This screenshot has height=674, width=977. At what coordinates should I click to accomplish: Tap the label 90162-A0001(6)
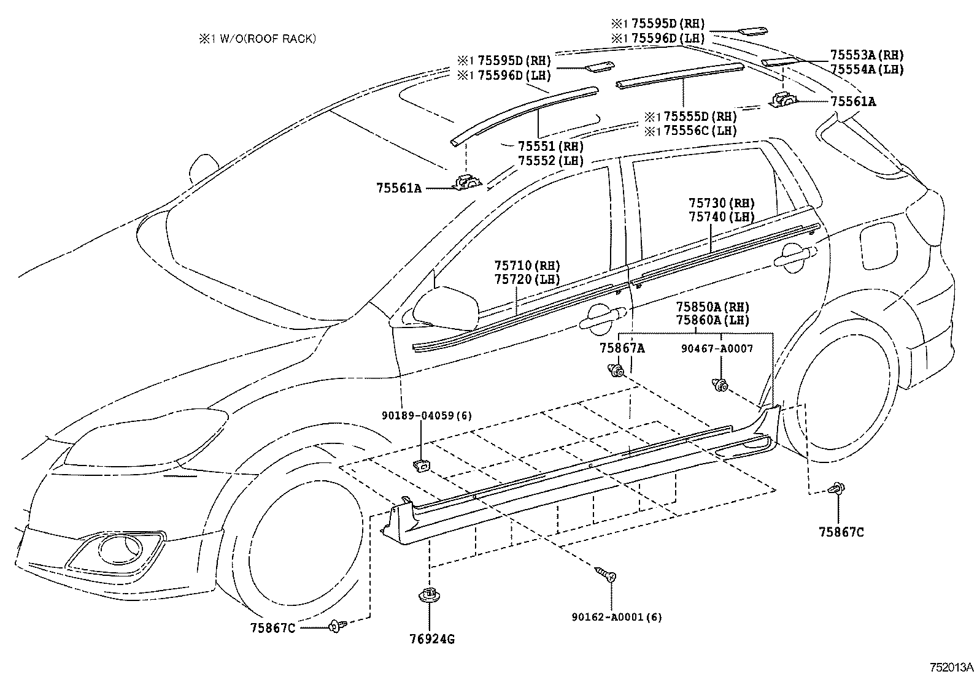[616, 617]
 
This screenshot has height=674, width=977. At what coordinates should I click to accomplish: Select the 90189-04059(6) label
[427, 416]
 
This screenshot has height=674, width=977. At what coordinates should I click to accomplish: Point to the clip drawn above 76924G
[430, 595]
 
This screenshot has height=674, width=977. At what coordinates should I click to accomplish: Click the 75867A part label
[622, 348]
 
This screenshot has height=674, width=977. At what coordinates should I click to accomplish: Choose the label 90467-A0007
[717, 348]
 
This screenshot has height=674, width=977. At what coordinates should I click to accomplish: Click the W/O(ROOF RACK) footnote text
[257, 39]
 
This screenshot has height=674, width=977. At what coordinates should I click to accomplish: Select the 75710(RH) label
[527, 266]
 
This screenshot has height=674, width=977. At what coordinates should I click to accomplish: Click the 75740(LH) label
[722, 216]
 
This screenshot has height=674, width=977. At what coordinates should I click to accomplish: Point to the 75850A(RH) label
[712, 307]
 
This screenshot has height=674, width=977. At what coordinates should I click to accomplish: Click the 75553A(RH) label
[867, 55]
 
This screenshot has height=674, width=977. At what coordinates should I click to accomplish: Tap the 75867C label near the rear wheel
[841, 532]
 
